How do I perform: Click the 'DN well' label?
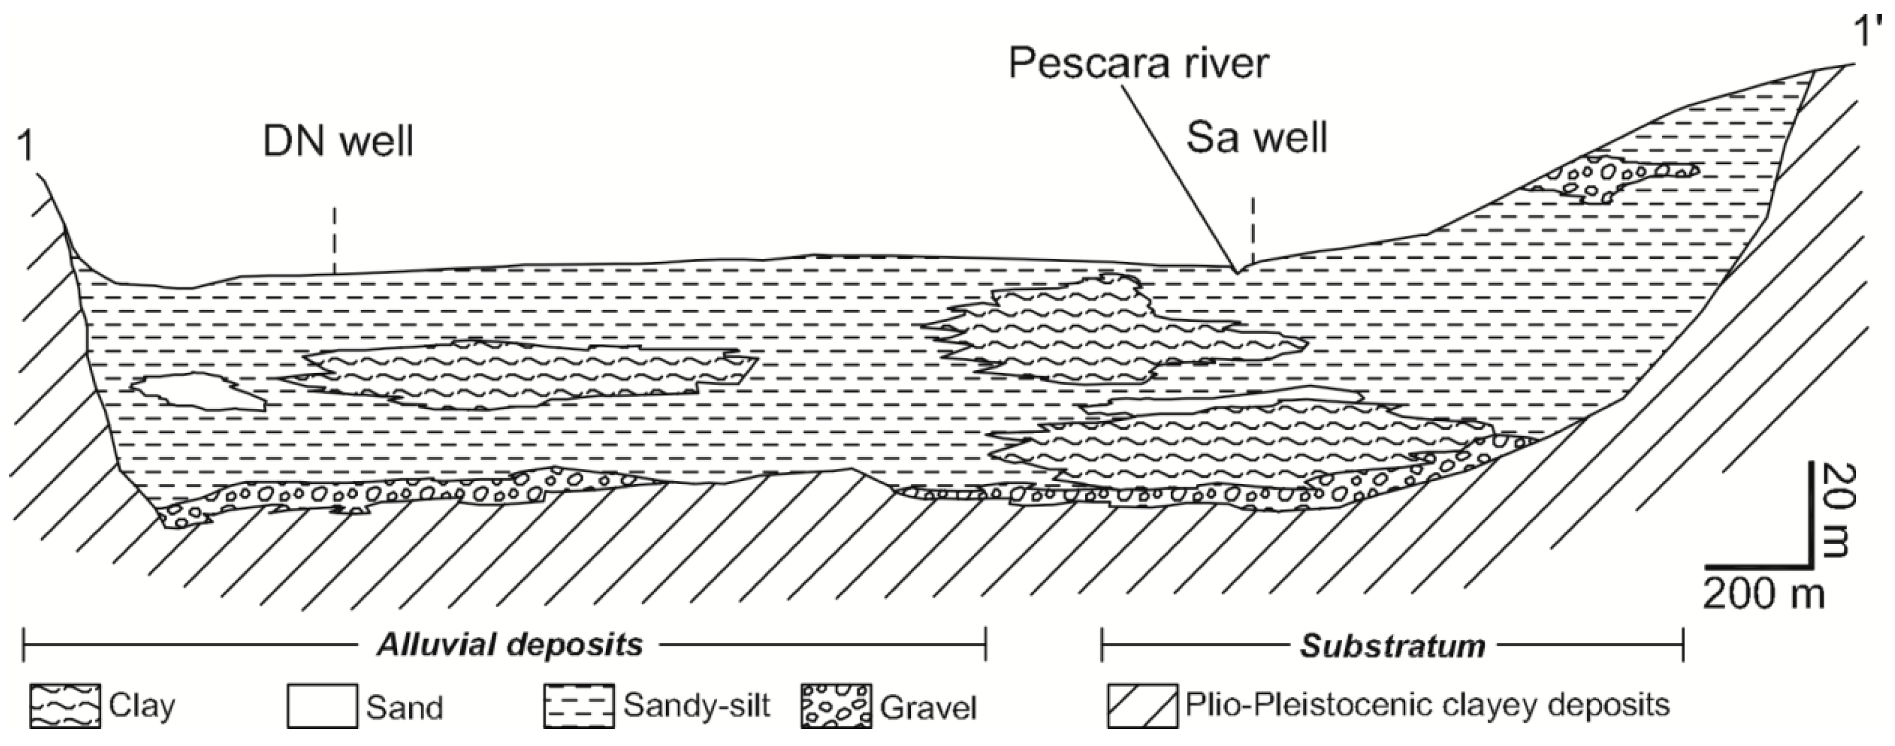(x=338, y=142)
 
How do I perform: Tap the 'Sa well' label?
(x=1257, y=138)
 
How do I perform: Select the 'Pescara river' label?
(x=1139, y=62)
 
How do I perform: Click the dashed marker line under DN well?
(x=334, y=239)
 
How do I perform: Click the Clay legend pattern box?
(x=65, y=706)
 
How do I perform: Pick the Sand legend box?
(x=321, y=706)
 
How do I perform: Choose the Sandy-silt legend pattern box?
(x=578, y=706)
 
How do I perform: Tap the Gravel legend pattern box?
(x=836, y=706)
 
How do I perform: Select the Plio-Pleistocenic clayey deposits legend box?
(x=1142, y=706)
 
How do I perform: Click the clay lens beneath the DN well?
(x=515, y=374)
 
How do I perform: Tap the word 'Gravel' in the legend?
(x=929, y=707)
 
